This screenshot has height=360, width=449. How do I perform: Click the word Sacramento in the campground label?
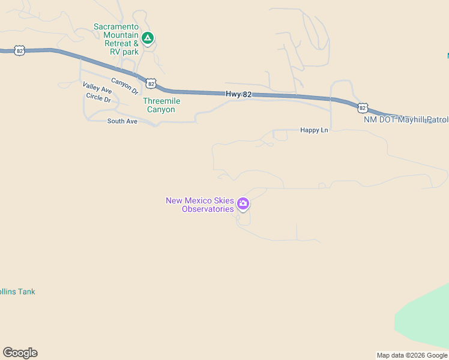pos(116,27)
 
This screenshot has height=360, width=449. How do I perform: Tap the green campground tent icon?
pos(148,38)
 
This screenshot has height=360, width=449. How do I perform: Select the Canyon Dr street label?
pos(125,85)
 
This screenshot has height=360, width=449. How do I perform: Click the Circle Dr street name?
pos(98,97)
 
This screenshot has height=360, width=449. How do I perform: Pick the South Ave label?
pos(122,121)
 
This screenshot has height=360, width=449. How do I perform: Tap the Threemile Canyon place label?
pos(161,106)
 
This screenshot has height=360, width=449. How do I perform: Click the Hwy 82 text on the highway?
pos(238,94)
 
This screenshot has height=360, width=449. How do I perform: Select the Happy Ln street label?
pos(315,130)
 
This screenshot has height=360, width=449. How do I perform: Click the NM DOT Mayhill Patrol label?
pos(406,119)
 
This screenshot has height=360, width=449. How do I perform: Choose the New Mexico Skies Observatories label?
pos(199,205)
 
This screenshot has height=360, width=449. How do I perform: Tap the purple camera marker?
pos(243,204)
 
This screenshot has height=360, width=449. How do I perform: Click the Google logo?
pos(20,353)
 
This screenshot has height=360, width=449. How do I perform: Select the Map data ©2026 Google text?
pos(412,355)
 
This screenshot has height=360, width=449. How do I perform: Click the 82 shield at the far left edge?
pos(20,51)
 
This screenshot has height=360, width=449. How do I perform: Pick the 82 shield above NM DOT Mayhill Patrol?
pos(362,107)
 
